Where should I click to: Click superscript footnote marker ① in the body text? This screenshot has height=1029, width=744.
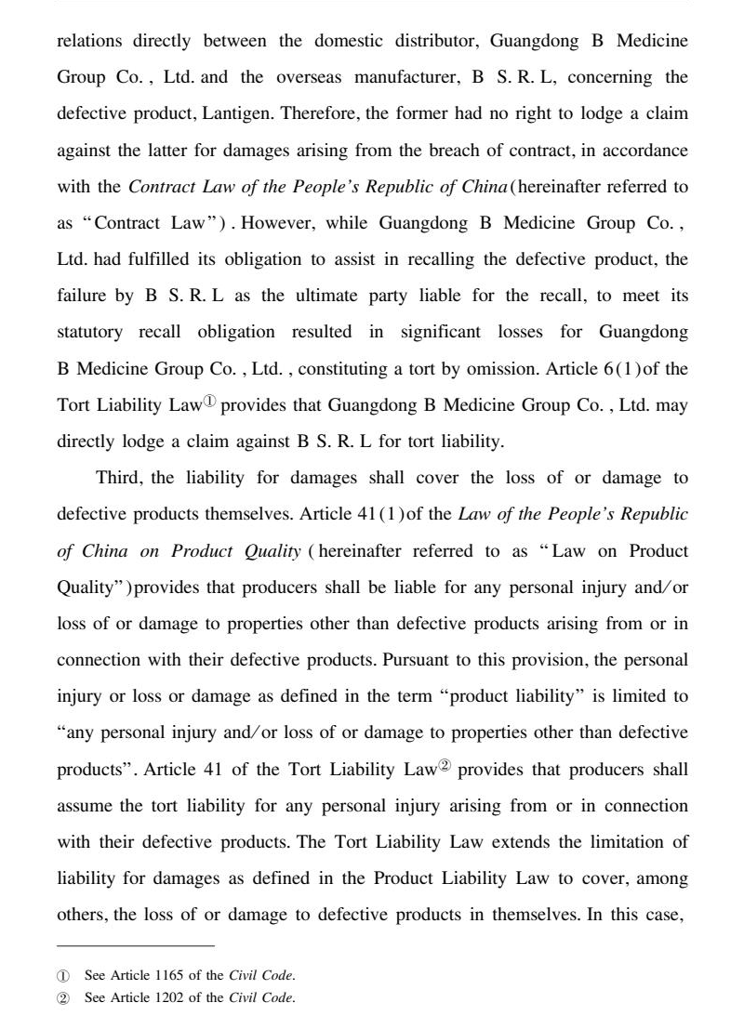tap(210, 402)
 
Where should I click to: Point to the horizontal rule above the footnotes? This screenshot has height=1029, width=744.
tap(136, 946)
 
